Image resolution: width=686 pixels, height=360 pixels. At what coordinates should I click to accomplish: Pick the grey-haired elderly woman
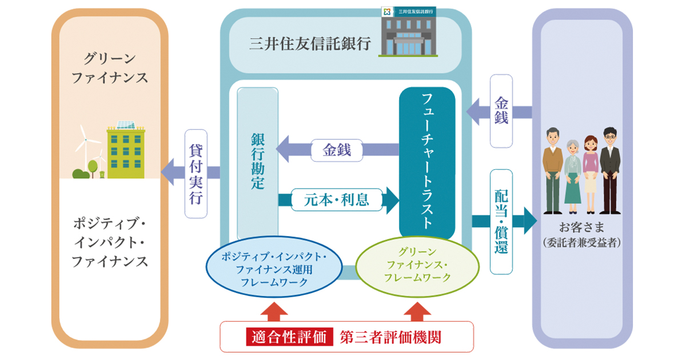point(573,172)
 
